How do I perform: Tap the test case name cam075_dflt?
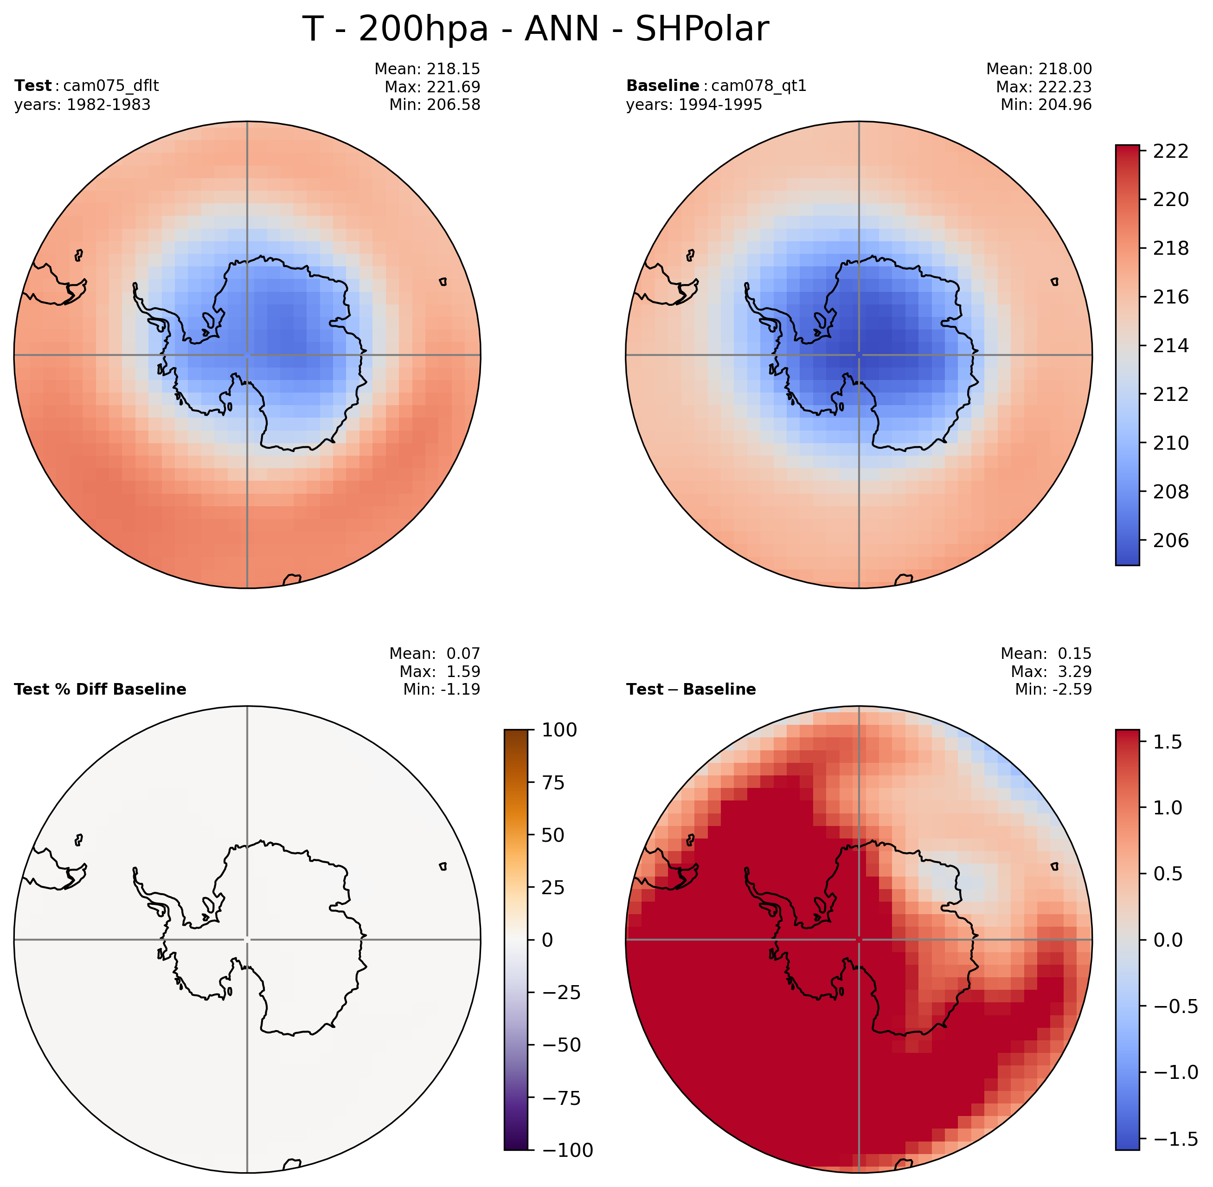pos(111,85)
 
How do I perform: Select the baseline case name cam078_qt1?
pos(758,85)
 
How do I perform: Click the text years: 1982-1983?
pos(82,105)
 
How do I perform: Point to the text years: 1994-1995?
pos(694,105)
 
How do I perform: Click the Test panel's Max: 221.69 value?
pos(432,87)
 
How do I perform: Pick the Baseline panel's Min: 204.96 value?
pos(1046,105)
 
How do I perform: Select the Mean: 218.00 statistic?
pos(1039,69)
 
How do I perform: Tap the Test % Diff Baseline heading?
pos(100,689)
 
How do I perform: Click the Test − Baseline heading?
pos(691,689)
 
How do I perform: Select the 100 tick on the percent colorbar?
pos(559,729)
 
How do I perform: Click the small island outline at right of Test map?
pos(443,282)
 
